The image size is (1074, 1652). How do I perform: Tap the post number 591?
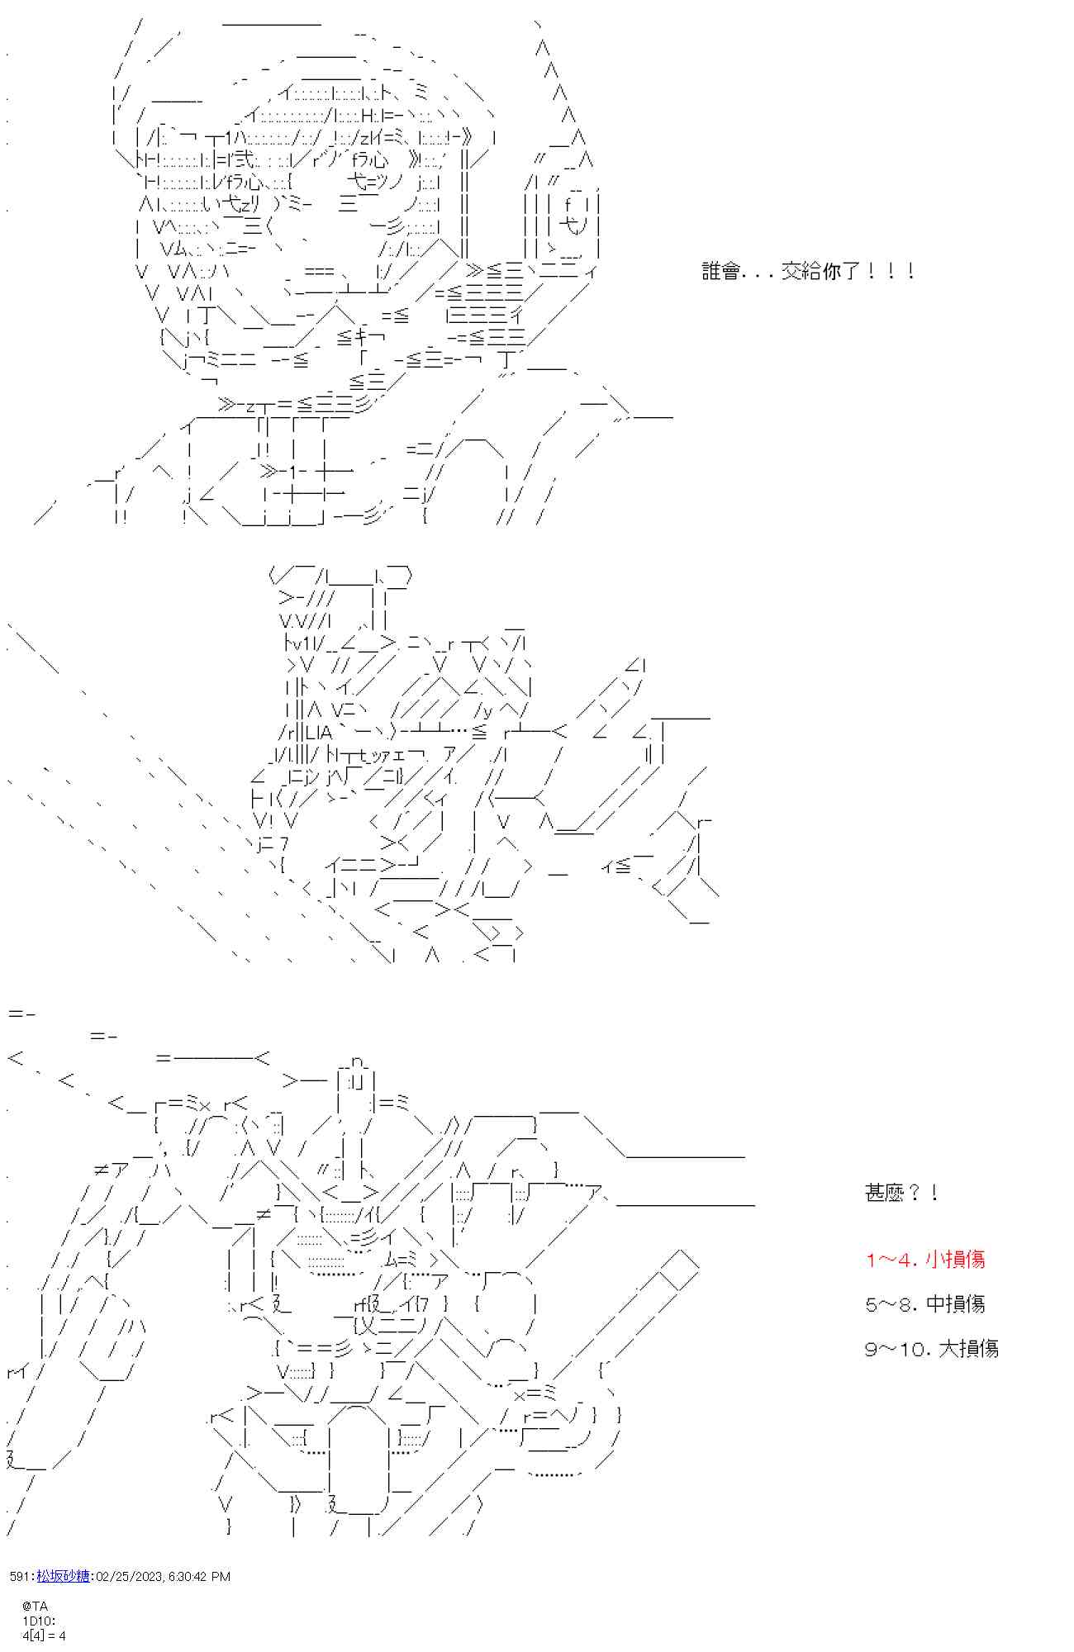click(20, 1576)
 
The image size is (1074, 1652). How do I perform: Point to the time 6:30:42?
click(189, 1576)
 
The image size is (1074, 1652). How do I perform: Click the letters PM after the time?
click(221, 1576)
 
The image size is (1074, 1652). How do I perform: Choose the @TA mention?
click(35, 1606)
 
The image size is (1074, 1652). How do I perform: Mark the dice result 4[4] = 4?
click(44, 1635)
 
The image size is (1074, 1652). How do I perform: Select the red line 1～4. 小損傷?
click(924, 1260)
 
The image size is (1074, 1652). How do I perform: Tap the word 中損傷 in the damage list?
click(955, 1304)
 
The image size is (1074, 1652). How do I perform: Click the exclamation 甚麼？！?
click(901, 1193)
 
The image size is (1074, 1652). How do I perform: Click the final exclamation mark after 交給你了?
click(910, 271)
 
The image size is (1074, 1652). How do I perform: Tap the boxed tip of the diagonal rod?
click(677, 1269)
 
